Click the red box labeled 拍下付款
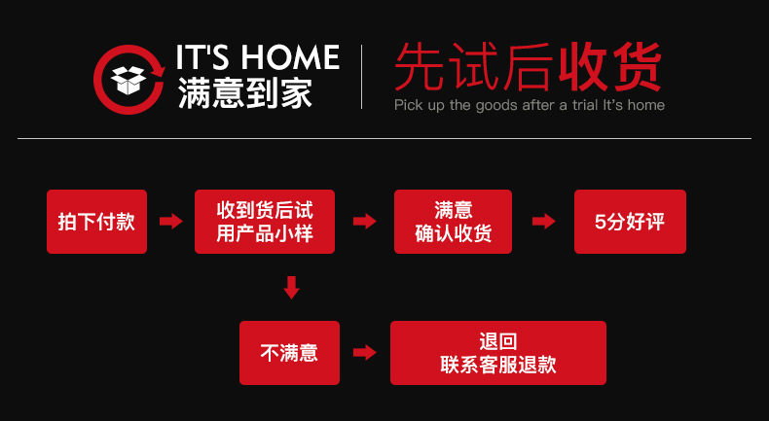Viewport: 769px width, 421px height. pos(96,222)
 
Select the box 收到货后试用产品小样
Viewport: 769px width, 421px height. pos(265,222)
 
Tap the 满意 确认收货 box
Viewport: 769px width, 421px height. pos(453,222)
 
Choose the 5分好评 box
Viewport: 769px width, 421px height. pos(630,222)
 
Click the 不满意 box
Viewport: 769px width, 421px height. pos(289,353)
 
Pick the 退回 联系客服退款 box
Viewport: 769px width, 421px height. pos(497,353)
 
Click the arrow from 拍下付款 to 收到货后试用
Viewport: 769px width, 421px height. pos(171,222)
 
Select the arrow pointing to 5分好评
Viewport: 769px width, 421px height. pos(543,222)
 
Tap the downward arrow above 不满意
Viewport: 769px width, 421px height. pos(290,288)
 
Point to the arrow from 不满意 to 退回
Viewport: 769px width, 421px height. pos(364,353)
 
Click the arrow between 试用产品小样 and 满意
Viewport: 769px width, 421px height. pos(364,222)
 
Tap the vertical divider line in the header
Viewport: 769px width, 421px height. pos(361,76)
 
